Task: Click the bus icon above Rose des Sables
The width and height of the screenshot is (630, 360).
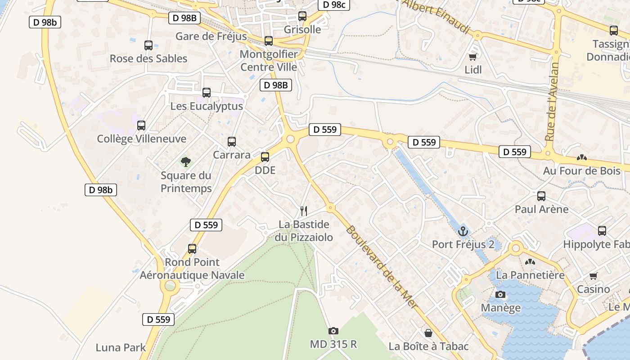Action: [148, 45]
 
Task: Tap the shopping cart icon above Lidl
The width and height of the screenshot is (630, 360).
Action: [472, 57]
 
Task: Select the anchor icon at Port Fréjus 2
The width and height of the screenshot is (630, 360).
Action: [463, 232]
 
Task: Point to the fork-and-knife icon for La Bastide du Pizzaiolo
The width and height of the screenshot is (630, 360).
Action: [304, 211]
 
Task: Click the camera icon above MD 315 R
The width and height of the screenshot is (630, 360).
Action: [333, 331]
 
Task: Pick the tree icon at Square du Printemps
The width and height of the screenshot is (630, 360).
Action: [185, 162]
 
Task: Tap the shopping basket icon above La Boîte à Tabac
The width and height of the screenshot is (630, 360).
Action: [428, 333]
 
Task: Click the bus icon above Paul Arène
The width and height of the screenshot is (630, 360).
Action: [541, 196]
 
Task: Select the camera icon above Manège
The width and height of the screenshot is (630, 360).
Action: [500, 295]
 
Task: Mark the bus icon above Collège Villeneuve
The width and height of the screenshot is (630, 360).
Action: [141, 126]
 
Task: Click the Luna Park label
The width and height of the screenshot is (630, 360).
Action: [121, 347]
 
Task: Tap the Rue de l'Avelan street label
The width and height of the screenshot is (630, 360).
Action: [551, 102]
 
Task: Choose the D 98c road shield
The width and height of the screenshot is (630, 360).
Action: [334, 5]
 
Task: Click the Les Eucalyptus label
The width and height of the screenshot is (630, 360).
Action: [207, 106]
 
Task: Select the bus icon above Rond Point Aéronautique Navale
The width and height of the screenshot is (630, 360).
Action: [192, 248]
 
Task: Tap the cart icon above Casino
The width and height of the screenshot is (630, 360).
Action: [593, 276]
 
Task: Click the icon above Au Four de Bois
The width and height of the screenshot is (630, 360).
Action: [581, 158]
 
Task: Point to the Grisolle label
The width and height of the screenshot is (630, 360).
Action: [302, 30]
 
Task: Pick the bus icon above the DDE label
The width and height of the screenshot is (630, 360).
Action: [265, 157]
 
